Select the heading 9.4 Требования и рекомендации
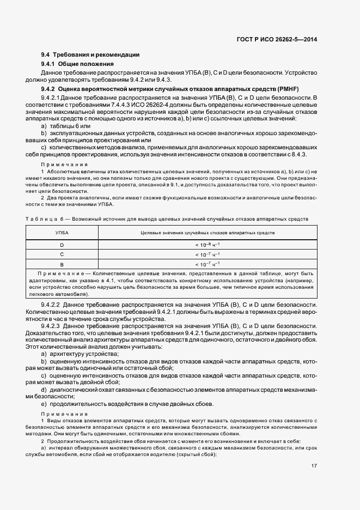(90, 54)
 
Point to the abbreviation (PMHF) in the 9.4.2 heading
(288, 89)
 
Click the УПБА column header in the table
(62, 233)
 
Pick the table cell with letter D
(62, 245)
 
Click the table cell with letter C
(62, 254)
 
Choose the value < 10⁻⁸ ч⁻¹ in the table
(208, 245)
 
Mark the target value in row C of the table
(208, 254)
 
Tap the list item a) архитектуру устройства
(74, 354)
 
